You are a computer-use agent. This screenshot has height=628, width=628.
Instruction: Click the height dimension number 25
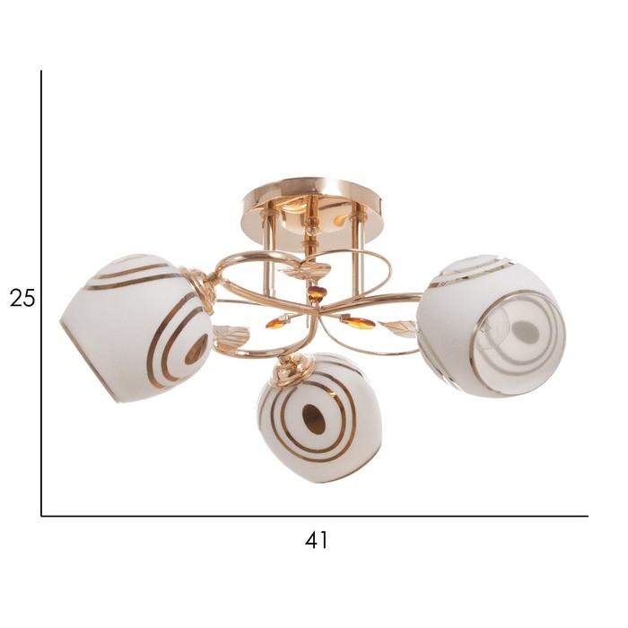(x=22, y=298)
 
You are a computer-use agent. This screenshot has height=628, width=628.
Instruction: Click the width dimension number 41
(x=316, y=540)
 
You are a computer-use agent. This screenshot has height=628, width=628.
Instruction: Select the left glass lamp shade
(x=136, y=327)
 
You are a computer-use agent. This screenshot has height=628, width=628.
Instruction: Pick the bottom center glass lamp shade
(x=319, y=418)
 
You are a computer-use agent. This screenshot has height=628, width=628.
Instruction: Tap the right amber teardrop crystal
(x=357, y=322)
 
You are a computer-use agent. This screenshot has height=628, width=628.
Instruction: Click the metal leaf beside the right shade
(x=397, y=326)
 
